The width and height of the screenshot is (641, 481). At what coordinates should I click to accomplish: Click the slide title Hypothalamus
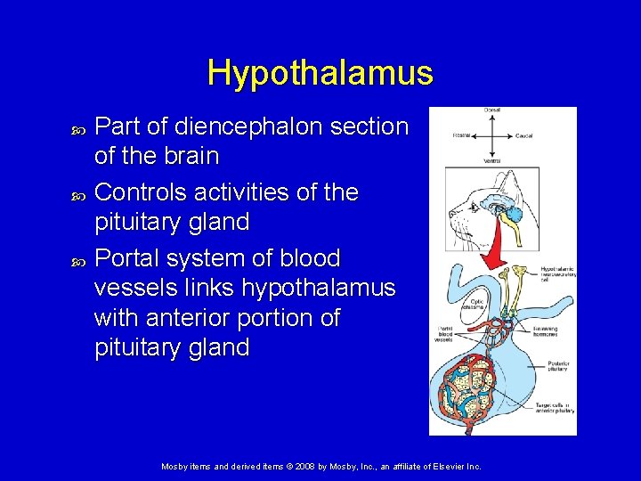coord(320,72)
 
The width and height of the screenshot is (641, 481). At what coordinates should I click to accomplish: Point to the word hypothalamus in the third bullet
coord(319,289)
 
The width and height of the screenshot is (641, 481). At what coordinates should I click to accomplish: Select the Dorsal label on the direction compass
coord(492,110)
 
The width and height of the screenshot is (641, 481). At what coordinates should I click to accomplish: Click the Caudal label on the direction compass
coord(525,136)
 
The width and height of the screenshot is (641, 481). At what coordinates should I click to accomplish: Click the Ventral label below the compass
coord(492,161)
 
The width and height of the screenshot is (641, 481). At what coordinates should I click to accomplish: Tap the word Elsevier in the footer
coord(444,467)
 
